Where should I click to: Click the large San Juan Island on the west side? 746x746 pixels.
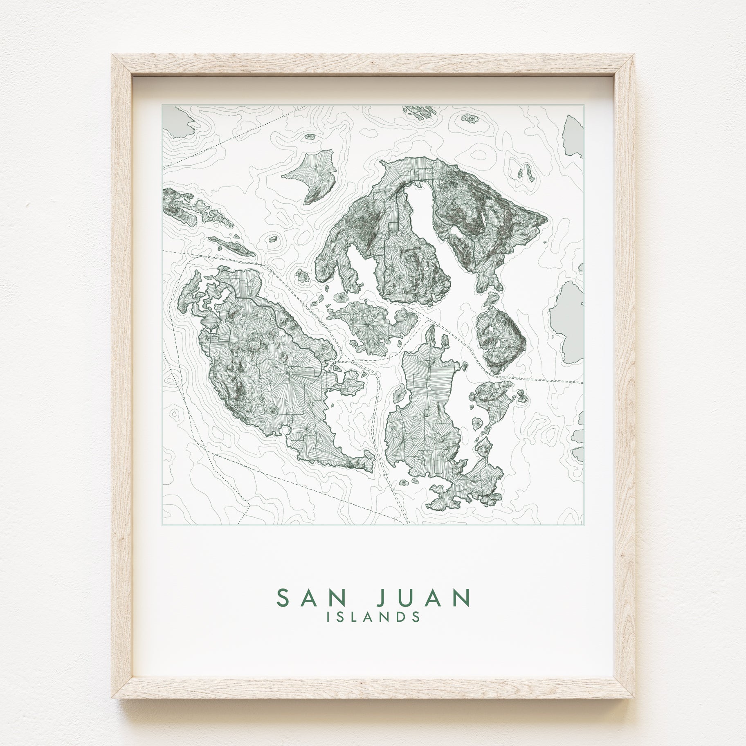tap(262, 368)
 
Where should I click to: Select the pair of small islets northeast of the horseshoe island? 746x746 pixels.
tap(525, 172)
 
